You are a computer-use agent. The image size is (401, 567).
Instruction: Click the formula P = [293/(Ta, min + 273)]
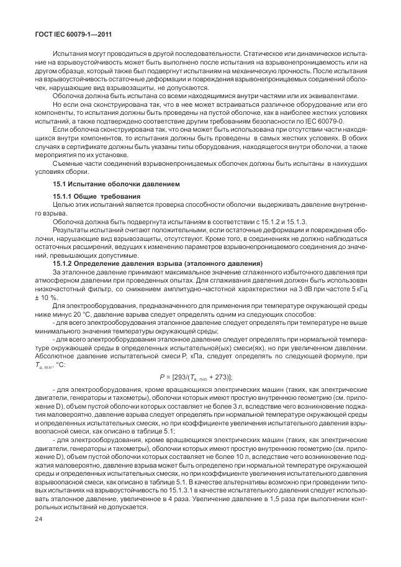pyautogui.click(x=200, y=376)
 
